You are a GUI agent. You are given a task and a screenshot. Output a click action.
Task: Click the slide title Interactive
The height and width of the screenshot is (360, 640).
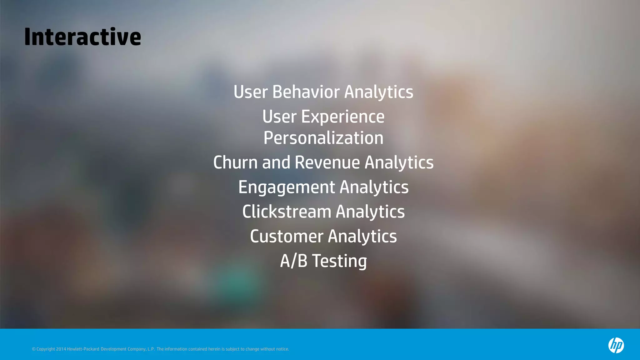click(x=82, y=37)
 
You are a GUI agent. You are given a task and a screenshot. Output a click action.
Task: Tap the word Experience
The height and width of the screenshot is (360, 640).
click(x=342, y=117)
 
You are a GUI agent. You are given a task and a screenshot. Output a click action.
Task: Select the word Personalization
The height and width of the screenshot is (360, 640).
click(x=323, y=138)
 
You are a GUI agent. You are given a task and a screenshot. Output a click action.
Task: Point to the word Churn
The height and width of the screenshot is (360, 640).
click(x=236, y=162)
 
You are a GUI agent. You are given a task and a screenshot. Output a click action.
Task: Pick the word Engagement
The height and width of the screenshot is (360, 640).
click(x=287, y=187)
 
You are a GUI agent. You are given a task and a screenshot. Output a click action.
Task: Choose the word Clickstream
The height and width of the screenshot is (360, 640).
click(x=287, y=212)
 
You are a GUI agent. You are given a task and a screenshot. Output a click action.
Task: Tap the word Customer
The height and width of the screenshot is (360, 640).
click(x=287, y=236)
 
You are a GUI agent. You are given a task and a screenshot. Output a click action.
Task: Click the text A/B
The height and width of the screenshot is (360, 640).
click(x=294, y=261)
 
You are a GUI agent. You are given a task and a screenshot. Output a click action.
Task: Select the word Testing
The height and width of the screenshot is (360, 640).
click(x=340, y=261)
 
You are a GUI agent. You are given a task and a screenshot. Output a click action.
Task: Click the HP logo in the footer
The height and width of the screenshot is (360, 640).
click(x=616, y=345)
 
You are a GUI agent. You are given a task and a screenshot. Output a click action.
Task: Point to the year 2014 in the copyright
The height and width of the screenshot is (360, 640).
click(x=61, y=349)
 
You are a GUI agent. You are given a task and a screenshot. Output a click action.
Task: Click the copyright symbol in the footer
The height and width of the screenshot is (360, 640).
click(x=33, y=349)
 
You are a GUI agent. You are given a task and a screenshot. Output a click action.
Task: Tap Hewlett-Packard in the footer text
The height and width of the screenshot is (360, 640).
click(x=83, y=349)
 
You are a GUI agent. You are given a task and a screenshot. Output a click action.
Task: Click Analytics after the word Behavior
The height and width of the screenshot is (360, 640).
click(x=379, y=92)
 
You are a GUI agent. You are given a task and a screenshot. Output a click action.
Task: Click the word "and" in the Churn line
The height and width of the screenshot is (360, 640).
click(x=276, y=162)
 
